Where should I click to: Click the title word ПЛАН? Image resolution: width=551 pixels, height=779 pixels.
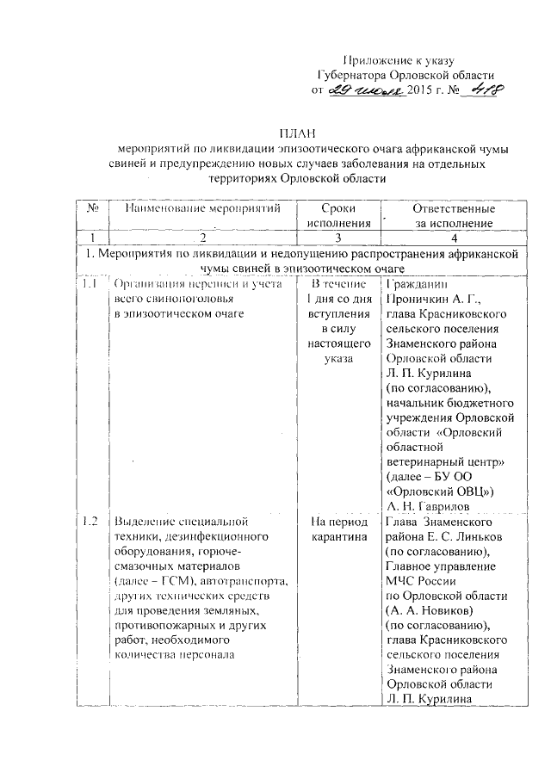click(x=297, y=133)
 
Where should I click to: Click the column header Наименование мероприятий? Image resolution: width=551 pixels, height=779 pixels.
click(x=203, y=209)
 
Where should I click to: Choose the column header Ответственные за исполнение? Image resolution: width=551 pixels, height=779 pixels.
click(x=453, y=216)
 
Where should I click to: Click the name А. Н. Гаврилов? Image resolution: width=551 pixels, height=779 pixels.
click(x=430, y=506)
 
